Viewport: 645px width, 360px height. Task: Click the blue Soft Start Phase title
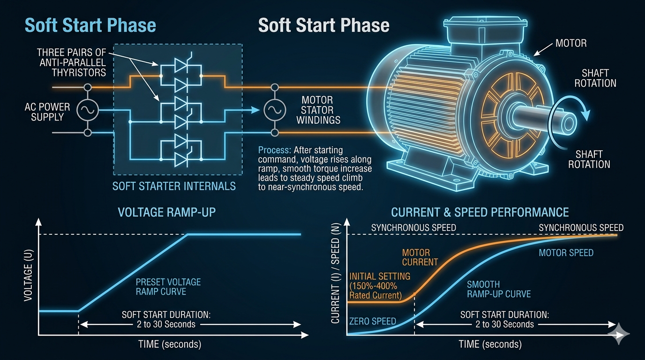(90, 25)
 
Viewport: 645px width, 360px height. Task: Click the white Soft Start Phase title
(323, 25)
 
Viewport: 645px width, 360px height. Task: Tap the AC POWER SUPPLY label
(47, 112)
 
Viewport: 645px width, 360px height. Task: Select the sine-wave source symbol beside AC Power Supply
(88, 110)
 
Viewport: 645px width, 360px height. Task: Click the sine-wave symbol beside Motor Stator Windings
(275, 110)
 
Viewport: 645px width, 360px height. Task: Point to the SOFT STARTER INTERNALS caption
(174, 187)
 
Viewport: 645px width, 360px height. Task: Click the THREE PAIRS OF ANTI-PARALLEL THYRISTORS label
(71, 62)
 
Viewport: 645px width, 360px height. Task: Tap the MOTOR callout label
(571, 43)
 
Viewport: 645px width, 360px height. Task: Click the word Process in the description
(274, 150)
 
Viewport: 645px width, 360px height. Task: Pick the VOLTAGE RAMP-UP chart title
(167, 212)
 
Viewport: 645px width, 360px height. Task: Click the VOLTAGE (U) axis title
(28, 275)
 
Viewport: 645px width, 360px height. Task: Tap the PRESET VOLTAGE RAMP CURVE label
(168, 286)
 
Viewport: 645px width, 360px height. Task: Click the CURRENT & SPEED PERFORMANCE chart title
(480, 212)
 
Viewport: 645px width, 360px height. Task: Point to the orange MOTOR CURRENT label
(420, 257)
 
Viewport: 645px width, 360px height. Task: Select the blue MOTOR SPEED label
(566, 253)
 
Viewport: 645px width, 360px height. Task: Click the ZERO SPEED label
(373, 321)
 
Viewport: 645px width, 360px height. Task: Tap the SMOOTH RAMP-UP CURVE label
(499, 289)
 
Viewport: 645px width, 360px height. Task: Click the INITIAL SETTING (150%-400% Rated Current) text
(380, 285)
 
